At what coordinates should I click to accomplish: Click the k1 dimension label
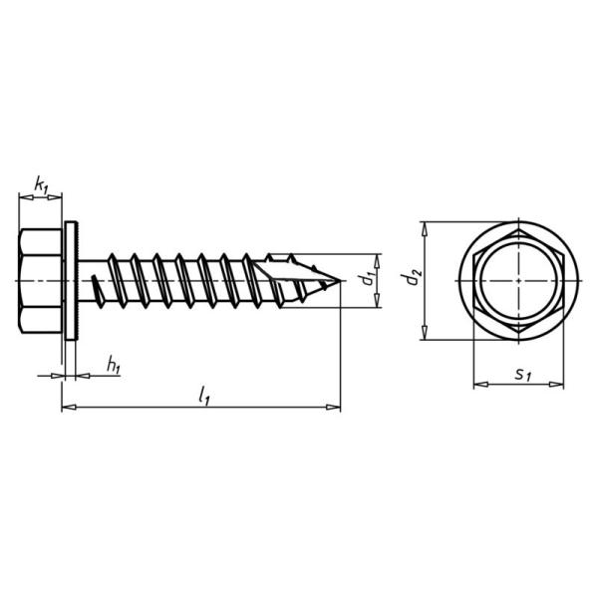[40, 183]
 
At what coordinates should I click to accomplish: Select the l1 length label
[203, 396]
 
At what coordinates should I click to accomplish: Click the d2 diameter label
[413, 280]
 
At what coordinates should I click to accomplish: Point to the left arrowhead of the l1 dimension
[67, 407]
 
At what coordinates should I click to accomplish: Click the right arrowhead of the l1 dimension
[336, 407]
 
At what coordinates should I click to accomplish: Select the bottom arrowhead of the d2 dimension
[427, 335]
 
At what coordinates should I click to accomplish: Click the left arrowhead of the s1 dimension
[476, 385]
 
